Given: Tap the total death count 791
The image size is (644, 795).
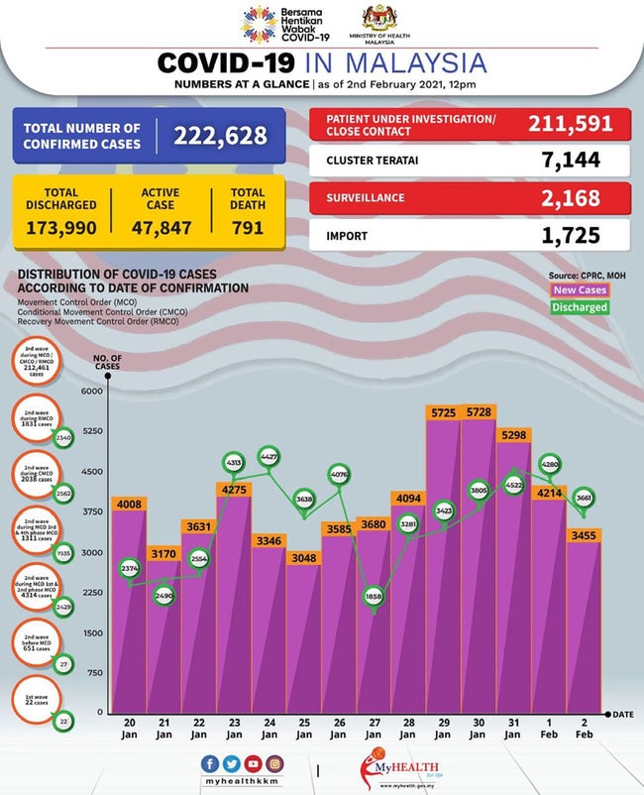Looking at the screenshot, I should (x=248, y=227).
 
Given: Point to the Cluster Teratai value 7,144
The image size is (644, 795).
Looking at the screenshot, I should (x=573, y=160).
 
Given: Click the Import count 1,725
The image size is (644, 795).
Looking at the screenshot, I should (x=573, y=236).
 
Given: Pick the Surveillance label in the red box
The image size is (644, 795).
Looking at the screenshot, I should (x=366, y=197).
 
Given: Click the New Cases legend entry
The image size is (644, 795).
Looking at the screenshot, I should (x=580, y=289).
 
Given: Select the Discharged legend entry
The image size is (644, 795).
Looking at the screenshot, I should (x=580, y=307).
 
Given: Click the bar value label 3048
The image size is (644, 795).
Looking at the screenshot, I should (x=303, y=558).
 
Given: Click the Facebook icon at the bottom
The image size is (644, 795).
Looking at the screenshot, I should (x=208, y=764).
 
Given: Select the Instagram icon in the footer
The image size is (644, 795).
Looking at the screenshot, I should (x=272, y=764).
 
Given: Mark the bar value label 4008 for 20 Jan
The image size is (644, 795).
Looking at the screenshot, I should (x=129, y=504).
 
